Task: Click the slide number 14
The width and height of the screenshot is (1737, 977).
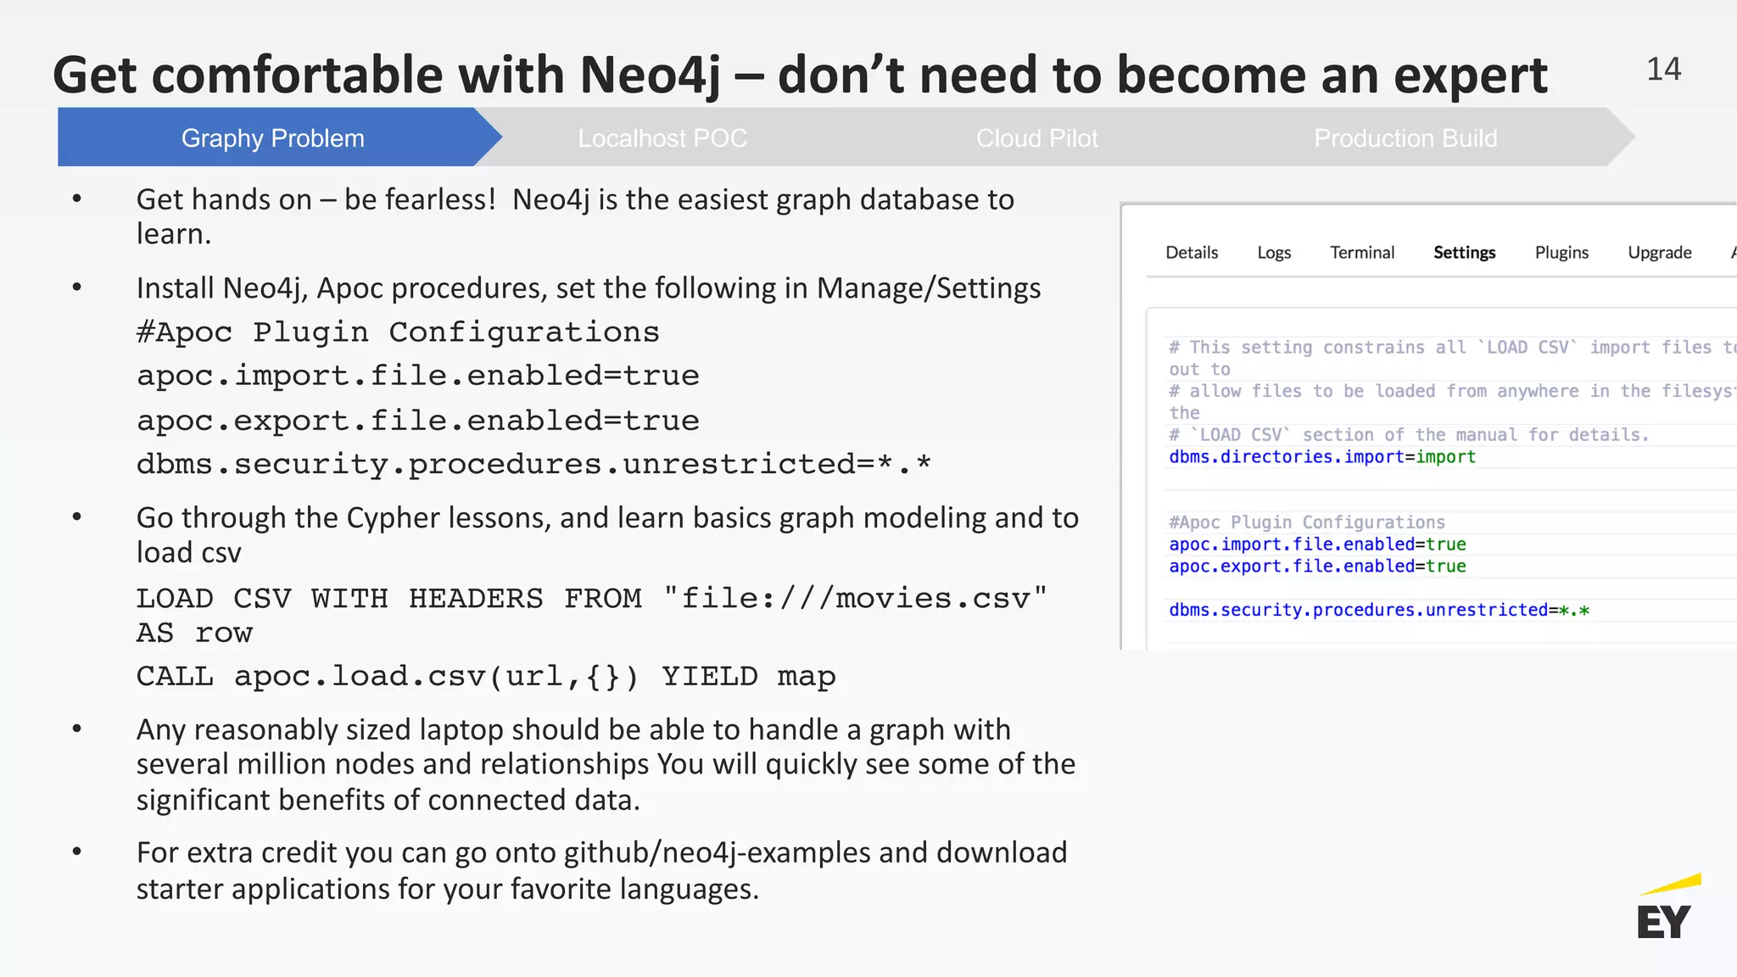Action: click(1663, 70)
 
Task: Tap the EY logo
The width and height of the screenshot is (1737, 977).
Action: click(1666, 910)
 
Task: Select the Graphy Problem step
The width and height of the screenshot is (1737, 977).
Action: click(272, 138)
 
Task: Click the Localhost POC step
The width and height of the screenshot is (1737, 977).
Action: click(662, 138)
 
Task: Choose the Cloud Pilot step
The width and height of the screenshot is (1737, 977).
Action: click(1036, 138)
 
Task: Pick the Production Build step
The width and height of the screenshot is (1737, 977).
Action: click(1405, 138)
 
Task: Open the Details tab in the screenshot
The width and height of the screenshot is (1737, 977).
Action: click(1192, 253)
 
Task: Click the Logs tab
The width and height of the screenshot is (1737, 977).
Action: click(1274, 253)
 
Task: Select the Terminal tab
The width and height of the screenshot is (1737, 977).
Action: click(1362, 253)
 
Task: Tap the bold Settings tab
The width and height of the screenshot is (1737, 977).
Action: click(1465, 253)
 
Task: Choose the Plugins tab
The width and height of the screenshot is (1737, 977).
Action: click(1561, 253)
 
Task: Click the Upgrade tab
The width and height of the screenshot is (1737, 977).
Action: click(1660, 253)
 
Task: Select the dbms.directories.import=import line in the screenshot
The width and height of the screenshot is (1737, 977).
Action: click(1322, 457)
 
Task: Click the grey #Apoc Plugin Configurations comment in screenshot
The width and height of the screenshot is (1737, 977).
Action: click(1307, 522)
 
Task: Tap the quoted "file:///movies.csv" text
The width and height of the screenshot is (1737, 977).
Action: click(855, 599)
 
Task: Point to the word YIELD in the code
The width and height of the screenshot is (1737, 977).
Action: click(710, 677)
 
